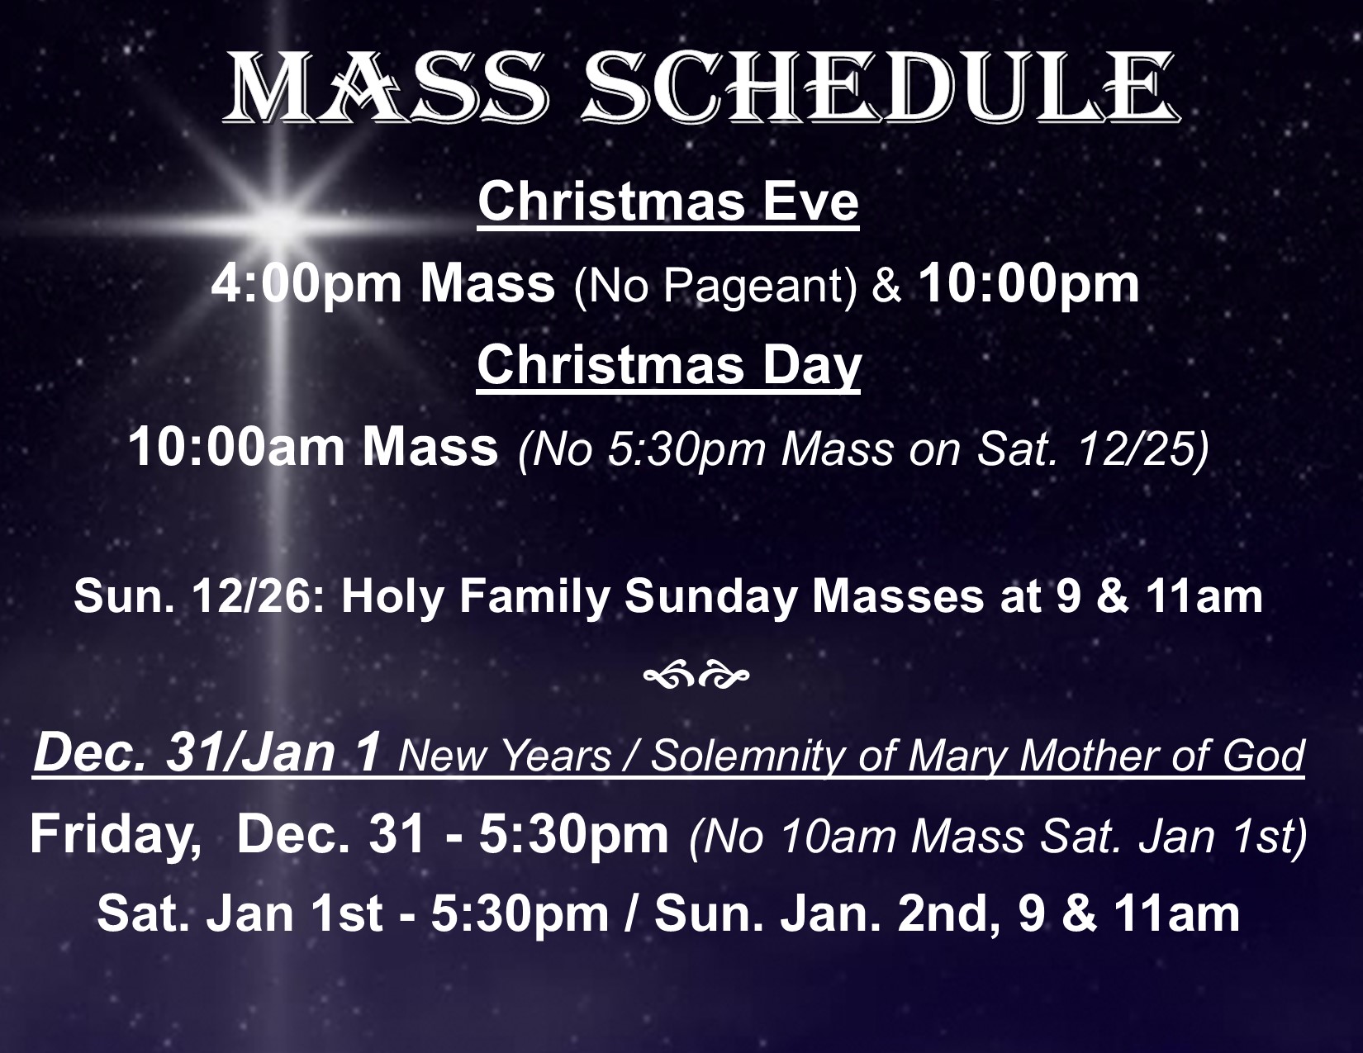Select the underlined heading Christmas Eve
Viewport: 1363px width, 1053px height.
668,202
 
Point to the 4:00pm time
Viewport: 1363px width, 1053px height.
306,283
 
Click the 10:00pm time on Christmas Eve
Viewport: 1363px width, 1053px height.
1029,283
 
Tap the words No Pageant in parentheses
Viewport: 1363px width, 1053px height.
715,286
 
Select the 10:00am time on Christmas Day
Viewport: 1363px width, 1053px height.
236,447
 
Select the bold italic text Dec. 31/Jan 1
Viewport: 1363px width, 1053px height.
207,753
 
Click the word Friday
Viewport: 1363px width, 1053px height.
116,836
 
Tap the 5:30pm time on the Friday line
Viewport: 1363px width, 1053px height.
573,836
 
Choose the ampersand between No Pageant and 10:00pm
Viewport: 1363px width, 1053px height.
886,285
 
